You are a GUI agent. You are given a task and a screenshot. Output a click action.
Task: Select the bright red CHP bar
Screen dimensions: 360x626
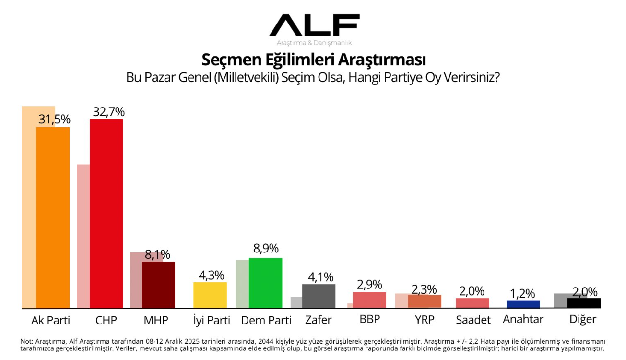[106, 213]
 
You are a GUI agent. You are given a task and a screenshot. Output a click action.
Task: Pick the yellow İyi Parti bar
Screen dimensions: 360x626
[210, 295]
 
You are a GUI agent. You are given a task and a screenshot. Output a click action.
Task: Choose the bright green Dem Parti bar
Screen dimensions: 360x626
[265, 283]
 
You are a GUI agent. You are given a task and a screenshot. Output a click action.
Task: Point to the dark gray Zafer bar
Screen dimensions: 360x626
[319, 296]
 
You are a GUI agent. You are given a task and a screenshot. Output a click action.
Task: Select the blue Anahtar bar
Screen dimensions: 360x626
[523, 304]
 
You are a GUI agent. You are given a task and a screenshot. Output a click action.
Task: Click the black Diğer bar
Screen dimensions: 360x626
[584, 303]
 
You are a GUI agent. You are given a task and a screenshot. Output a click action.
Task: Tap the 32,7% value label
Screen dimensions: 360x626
[108, 112]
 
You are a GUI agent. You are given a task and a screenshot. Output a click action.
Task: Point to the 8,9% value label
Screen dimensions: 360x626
[266, 249]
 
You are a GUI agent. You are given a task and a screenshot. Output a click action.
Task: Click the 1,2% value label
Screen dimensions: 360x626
[523, 294]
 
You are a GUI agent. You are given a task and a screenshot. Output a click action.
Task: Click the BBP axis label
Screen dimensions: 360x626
[369, 319]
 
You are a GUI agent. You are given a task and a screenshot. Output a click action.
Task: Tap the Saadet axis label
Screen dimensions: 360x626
[473, 320]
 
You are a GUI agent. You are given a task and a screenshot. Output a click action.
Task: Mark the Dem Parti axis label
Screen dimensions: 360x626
[266, 320]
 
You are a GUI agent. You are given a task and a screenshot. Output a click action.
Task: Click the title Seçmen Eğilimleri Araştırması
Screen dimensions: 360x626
[314, 60]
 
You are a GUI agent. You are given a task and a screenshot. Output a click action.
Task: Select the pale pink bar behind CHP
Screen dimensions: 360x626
[83, 235]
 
